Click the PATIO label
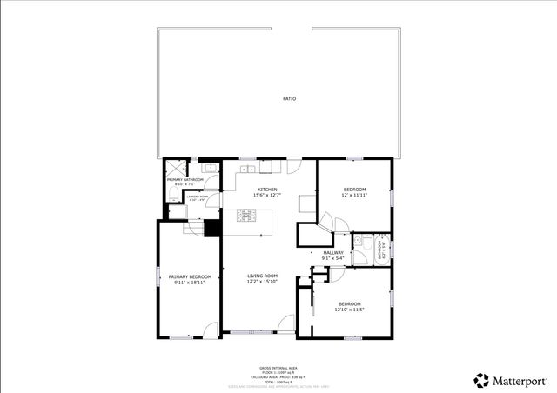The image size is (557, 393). [x=289, y=99]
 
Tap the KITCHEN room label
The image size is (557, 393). [x=267, y=190]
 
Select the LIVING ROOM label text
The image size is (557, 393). [x=262, y=276]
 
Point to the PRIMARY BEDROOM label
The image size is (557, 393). [x=190, y=276]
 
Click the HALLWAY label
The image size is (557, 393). [x=333, y=252]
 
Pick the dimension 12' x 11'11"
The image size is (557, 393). [x=354, y=196]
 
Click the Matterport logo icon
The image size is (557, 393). [x=481, y=380]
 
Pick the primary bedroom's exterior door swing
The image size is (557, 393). [x=209, y=330]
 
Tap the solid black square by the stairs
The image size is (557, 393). [x=210, y=228]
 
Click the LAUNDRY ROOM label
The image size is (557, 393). [x=198, y=196]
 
